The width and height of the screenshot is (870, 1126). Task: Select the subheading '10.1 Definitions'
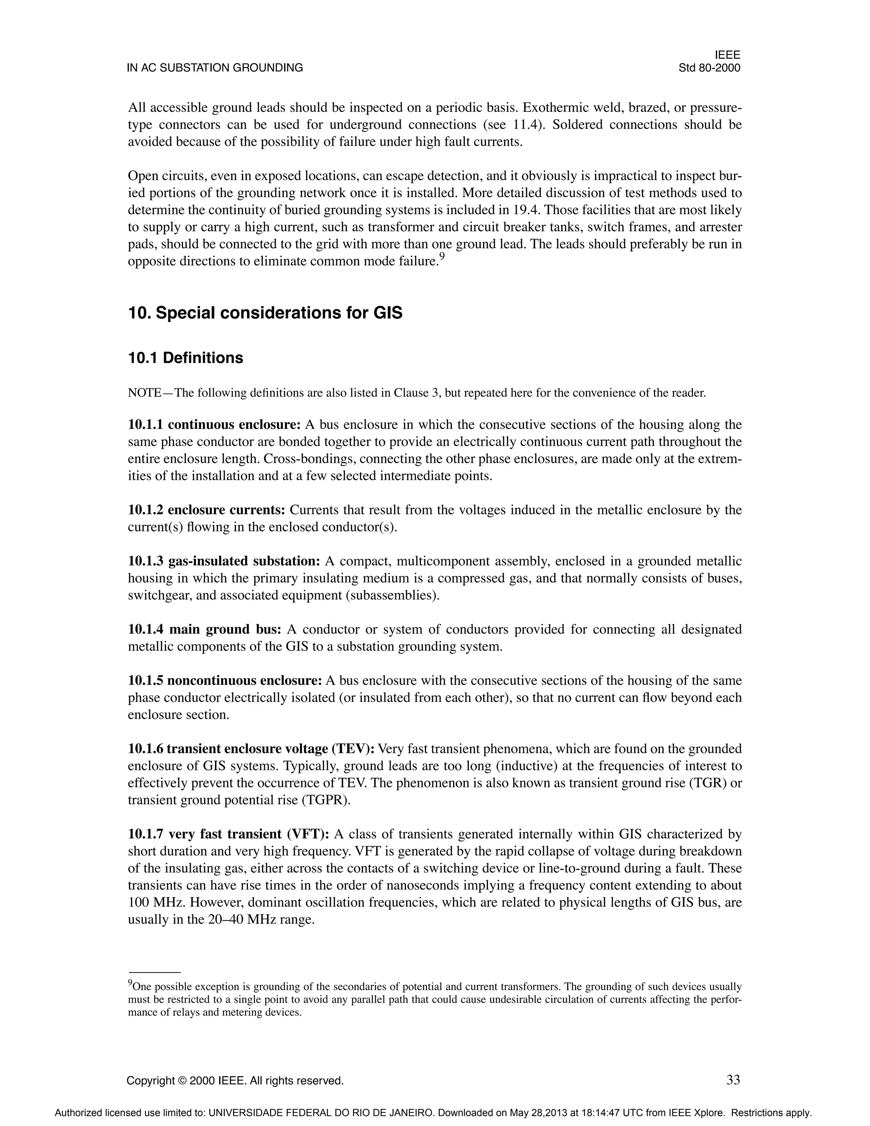click(x=186, y=358)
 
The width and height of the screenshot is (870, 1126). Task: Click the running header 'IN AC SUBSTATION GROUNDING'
click(x=215, y=68)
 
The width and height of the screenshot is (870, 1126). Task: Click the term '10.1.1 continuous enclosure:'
click(x=214, y=425)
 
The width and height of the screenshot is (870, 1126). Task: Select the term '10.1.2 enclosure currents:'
click(x=206, y=510)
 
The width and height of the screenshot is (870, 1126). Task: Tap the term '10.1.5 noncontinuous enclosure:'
click(x=225, y=681)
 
